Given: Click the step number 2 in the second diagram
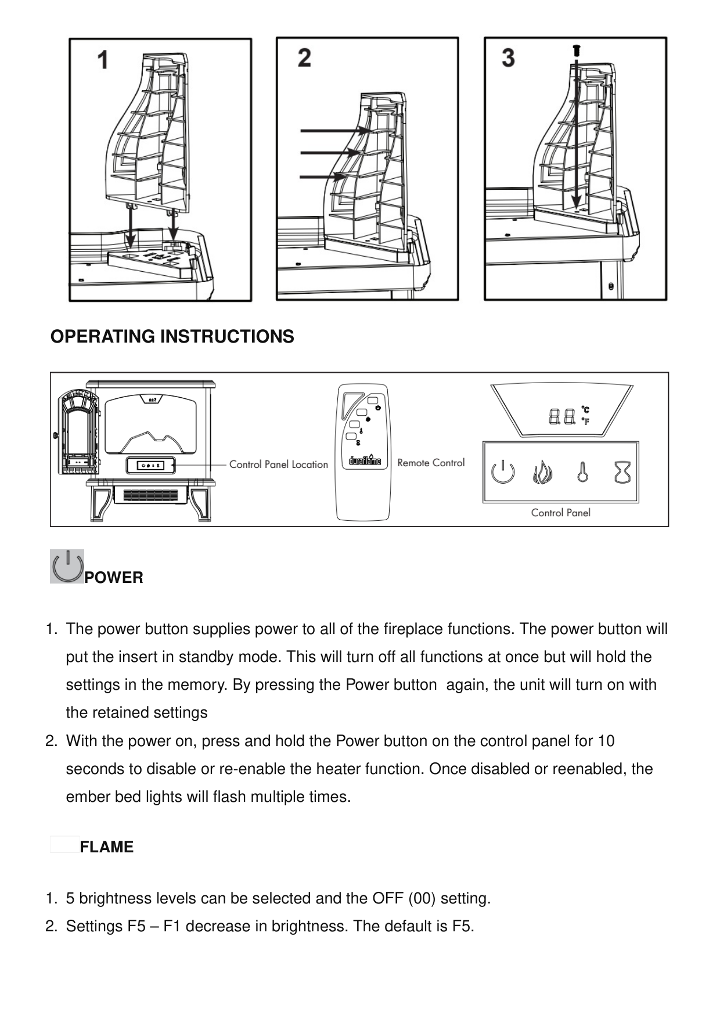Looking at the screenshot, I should (304, 57).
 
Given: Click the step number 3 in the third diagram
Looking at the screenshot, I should (508, 57).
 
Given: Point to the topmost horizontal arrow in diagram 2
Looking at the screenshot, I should (333, 131).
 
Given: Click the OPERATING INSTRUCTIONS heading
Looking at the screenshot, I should (172, 337).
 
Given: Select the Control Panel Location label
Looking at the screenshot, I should (279, 465).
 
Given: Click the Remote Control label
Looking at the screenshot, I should (431, 463).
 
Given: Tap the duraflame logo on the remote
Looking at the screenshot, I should (365, 462).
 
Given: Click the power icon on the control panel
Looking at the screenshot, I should (503, 473).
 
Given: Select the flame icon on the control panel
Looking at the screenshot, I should (542, 473).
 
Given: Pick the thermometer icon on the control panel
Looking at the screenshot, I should (582, 473).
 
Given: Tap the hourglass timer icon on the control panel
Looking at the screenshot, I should (622, 473).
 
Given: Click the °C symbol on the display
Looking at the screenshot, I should (586, 411).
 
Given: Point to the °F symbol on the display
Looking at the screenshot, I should (586, 422).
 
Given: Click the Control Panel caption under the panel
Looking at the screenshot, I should (560, 513).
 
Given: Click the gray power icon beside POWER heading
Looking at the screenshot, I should (67, 566).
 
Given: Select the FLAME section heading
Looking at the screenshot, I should (107, 847).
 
